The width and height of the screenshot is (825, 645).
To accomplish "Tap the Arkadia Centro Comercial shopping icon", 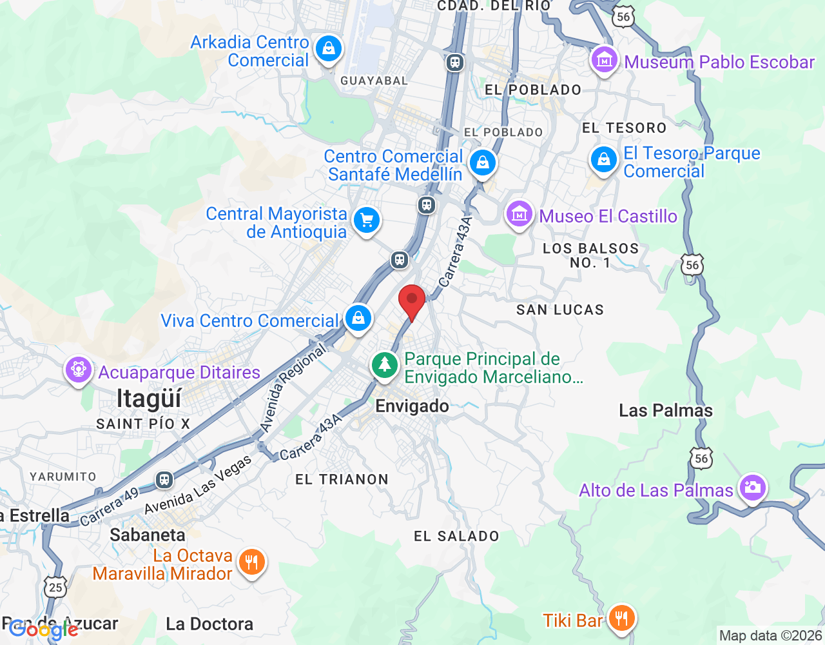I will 329,50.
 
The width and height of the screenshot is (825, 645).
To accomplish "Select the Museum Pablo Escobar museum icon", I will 604,61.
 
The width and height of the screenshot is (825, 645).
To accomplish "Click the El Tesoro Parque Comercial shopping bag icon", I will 604,159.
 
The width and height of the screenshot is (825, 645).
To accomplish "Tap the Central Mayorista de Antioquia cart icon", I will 367,221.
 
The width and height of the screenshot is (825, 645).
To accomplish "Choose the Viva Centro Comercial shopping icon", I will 358,319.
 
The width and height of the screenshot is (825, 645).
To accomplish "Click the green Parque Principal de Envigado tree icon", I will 385,366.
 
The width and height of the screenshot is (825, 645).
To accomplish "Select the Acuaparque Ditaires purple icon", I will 79,371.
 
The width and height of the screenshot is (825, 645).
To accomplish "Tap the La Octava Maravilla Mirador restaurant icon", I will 251,563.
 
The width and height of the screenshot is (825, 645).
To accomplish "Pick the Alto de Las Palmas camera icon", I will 752,488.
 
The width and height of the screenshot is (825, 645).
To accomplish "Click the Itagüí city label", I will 149,399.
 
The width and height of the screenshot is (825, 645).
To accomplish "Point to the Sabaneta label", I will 148,535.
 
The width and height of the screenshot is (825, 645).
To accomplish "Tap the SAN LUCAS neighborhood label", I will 560,310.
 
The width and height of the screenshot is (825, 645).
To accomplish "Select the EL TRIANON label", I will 342,479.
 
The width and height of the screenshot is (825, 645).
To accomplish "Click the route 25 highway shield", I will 56,586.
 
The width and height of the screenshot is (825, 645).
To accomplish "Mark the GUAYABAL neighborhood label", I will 374,81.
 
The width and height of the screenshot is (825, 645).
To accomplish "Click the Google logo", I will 43,630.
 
